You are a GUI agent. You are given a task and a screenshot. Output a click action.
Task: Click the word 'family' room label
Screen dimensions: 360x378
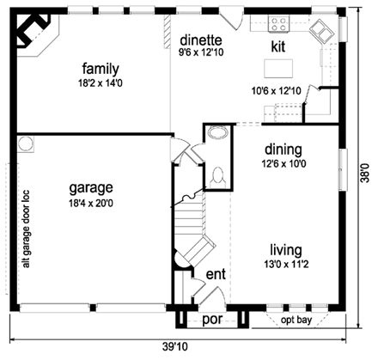100,68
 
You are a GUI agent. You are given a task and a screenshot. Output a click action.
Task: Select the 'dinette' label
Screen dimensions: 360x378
201,40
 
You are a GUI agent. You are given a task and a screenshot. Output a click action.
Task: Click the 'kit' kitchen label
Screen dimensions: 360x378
277,46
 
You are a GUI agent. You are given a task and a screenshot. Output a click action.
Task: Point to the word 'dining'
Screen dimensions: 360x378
283,148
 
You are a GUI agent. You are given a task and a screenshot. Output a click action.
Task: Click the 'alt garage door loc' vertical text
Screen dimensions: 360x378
26,229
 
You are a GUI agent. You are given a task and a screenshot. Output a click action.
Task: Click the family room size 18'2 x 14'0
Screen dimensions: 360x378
100,83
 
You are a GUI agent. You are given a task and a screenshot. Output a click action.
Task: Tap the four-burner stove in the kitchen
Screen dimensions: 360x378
281,24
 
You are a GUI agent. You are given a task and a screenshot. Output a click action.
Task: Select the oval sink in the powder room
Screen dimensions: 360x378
217,134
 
